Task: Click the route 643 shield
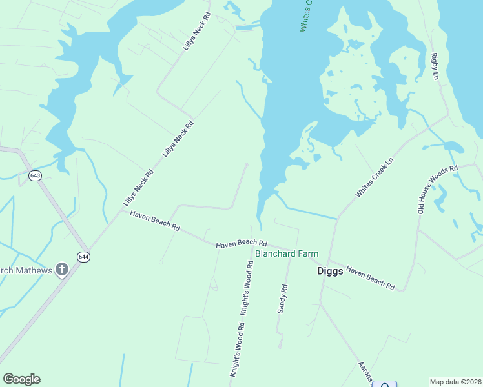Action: coord(35,175)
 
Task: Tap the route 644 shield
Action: coord(84,257)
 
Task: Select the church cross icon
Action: coord(62,269)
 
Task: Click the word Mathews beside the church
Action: coord(32,270)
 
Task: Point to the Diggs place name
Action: coord(330,271)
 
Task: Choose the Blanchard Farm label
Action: coord(287,253)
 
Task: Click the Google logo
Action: coord(21,379)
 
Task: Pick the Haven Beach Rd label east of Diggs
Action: coord(370,277)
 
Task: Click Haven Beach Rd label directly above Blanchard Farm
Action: coord(241,243)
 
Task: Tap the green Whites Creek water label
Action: coord(305,15)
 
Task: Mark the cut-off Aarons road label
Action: coord(365,372)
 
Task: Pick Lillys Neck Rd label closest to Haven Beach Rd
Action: coord(139,188)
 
